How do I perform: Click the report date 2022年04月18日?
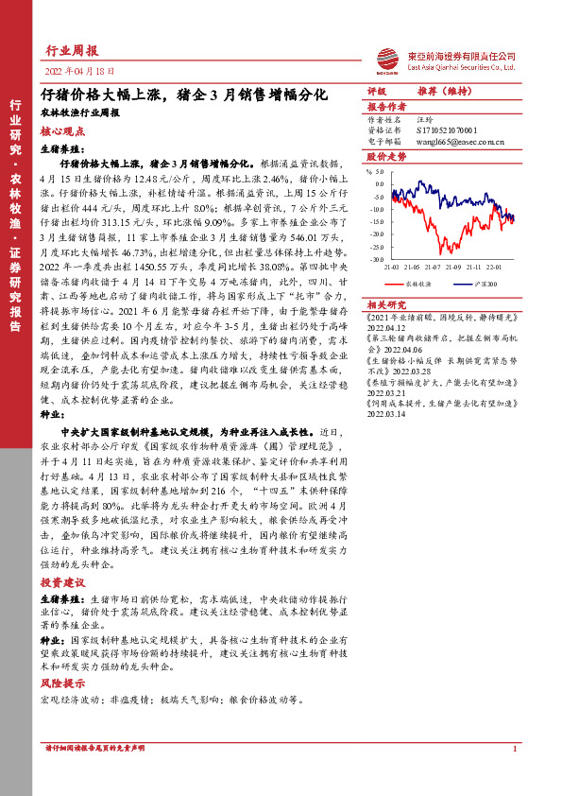[79, 71]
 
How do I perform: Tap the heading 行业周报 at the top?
[72, 51]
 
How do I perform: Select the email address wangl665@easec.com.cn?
[459, 142]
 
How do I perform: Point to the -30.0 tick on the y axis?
[377, 258]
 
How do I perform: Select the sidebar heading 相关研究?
[384, 304]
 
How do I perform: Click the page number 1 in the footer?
[513, 749]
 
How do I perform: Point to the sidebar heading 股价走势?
[385, 156]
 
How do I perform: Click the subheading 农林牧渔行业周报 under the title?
[79, 111]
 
